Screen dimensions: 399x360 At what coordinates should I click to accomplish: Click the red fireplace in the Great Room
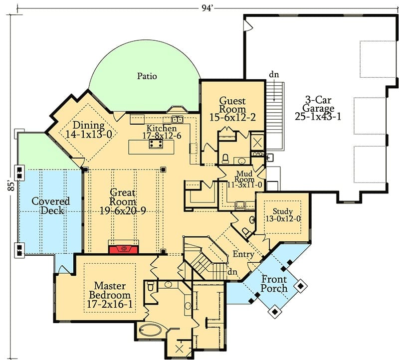point(124,249)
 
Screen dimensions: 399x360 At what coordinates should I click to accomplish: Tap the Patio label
point(147,76)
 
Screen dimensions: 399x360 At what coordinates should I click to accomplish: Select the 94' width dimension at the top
point(207,8)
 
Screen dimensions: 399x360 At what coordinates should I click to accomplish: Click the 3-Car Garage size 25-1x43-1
point(318,117)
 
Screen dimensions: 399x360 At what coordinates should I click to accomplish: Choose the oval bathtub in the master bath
point(150,331)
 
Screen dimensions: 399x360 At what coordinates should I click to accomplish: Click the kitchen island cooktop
point(156,144)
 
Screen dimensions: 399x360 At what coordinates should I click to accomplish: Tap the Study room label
point(283,211)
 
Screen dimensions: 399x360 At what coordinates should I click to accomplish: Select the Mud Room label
point(244,177)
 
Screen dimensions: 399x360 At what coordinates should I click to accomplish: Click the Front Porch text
point(274,284)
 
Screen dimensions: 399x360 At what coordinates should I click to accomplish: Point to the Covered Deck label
point(50,206)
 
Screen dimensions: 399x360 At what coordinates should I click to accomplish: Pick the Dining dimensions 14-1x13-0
point(89,135)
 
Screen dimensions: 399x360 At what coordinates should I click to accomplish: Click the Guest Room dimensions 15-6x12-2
point(232,118)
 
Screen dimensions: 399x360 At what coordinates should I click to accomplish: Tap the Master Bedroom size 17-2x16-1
point(110,304)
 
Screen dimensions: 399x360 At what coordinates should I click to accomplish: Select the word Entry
point(243,254)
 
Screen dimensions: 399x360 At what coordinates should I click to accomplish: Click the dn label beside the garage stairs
point(274,75)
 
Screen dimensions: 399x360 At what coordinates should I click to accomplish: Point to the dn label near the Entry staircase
point(232,272)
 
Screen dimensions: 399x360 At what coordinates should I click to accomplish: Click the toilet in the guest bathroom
point(225,159)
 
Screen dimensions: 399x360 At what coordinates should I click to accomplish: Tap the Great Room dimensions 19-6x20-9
point(122,210)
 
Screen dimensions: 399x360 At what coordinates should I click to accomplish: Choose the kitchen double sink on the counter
point(178,119)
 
